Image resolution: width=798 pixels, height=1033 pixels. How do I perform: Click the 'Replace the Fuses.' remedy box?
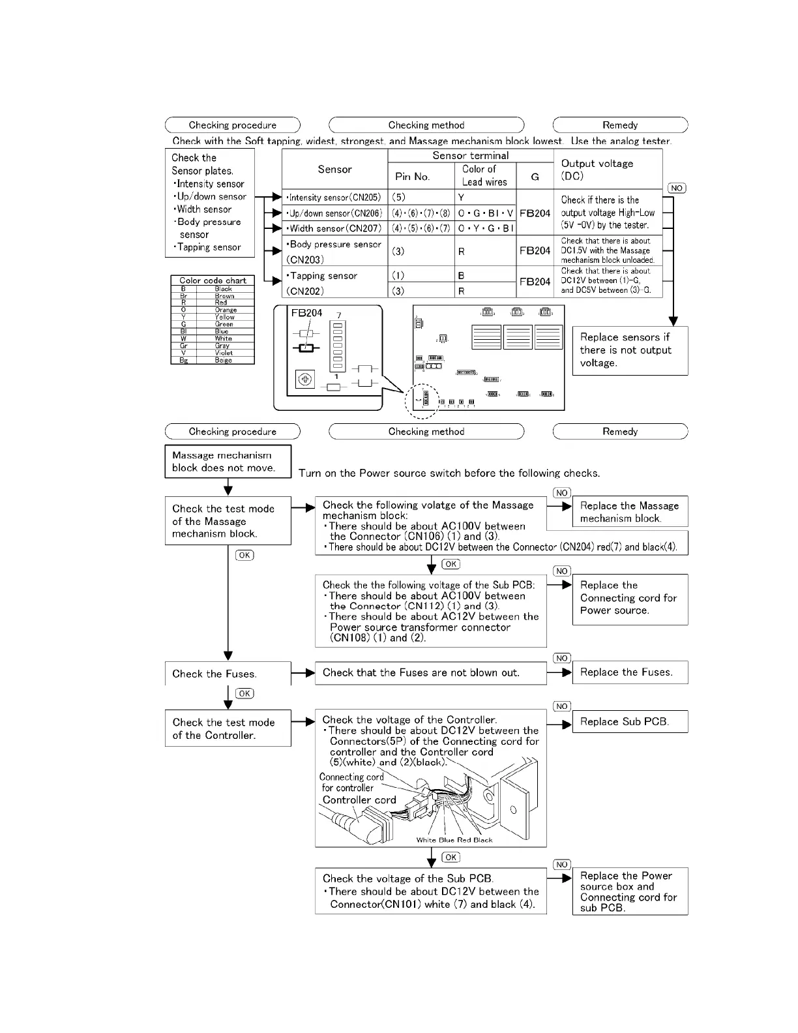[x=630, y=672]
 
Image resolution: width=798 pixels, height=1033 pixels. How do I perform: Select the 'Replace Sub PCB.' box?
[x=630, y=721]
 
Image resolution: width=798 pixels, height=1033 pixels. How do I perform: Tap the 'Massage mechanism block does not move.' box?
[x=228, y=462]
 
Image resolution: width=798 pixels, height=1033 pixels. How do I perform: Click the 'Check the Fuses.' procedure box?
[x=228, y=674]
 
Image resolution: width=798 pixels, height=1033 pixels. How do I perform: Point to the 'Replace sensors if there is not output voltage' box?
[x=630, y=350]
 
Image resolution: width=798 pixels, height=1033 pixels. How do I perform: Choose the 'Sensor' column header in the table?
[x=334, y=170]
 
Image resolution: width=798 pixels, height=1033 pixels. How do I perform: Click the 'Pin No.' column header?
[x=413, y=176]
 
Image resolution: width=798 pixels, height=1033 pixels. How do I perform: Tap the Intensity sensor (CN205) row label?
[x=334, y=198]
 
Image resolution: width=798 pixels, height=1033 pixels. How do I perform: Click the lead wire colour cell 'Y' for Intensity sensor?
[x=485, y=198]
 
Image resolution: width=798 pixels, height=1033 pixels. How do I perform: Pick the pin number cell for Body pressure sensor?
[x=421, y=251]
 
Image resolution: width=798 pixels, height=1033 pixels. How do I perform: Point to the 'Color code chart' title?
[x=213, y=280]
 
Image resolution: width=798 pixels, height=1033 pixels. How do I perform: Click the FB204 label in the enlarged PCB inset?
[x=306, y=313]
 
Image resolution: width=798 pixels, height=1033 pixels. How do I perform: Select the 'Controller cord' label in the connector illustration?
[x=359, y=800]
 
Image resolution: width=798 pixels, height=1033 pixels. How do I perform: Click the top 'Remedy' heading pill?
[x=620, y=125]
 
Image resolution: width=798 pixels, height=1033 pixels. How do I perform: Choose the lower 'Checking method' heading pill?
[x=426, y=432]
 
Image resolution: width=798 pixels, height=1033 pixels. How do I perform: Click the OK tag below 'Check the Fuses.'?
[x=245, y=693]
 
